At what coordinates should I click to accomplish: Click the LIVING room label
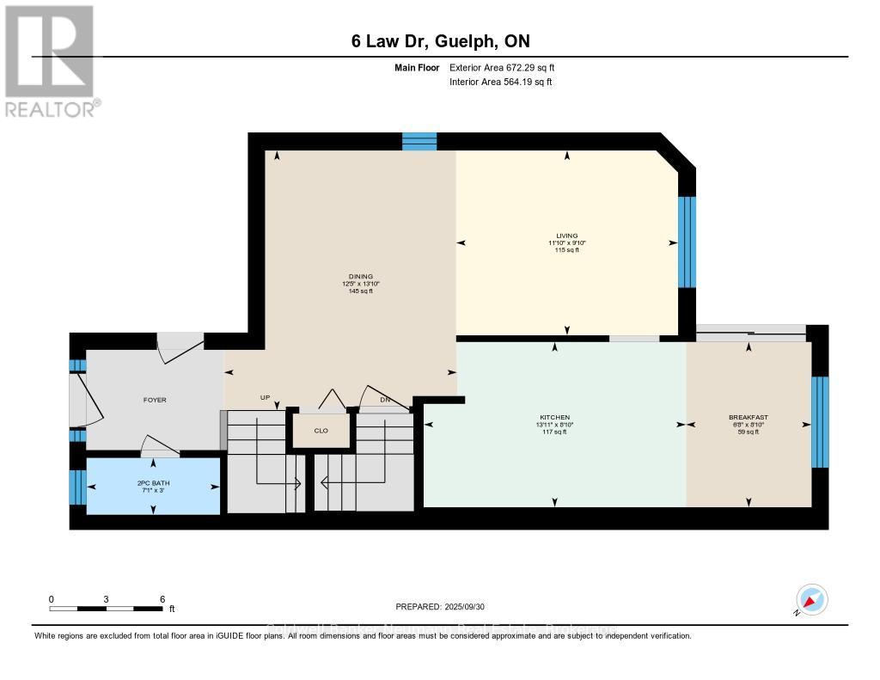coord(566,236)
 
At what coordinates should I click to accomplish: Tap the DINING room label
coord(360,277)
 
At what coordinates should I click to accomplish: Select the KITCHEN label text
coord(554,417)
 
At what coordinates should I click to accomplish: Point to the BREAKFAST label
coord(748,417)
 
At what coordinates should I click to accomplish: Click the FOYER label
coord(155,400)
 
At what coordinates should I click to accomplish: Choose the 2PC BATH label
coord(153,483)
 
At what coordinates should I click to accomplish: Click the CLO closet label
coord(321,431)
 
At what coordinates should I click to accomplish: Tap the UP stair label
coord(266,398)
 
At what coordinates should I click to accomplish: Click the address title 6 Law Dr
coord(440,42)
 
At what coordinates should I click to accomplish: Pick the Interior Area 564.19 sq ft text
coord(500,82)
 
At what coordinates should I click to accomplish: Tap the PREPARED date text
coord(439,606)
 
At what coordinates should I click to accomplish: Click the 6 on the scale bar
coord(162,598)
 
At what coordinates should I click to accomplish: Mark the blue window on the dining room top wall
coord(419,141)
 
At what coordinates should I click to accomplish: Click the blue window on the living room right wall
coord(686,242)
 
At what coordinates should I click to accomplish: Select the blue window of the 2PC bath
coord(78,487)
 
